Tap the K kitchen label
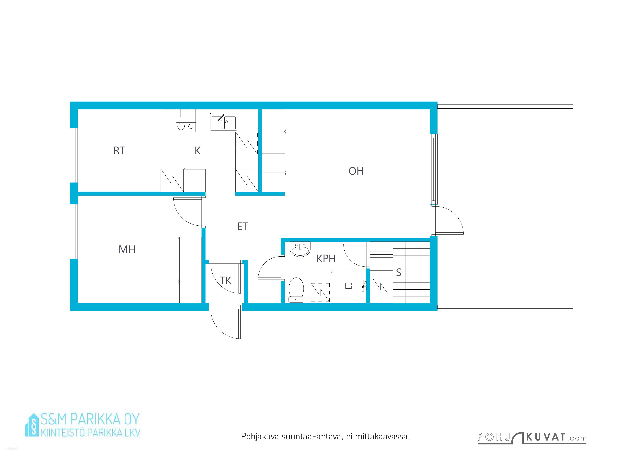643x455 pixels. [x=198, y=151]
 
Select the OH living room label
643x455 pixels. [x=356, y=171]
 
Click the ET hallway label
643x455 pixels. [x=242, y=226]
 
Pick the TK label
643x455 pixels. [x=226, y=280]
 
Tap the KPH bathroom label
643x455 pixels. [x=326, y=259]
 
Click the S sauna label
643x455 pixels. [x=398, y=272]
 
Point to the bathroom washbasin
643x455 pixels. [x=300, y=249]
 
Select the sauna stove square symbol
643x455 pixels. [x=381, y=286]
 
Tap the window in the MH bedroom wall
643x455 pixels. [x=74, y=231]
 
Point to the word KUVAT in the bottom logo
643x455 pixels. [x=546, y=437]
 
